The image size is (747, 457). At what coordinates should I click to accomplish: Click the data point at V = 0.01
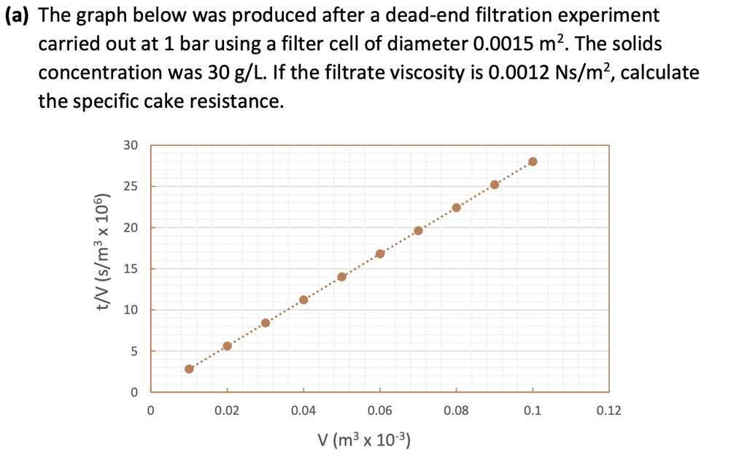pyautogui.click(x=189, y=369)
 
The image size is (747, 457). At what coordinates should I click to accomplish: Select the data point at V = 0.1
pyautogui.click(x=533, y=162)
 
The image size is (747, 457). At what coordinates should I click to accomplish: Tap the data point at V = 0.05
pyautogui.click(x=341, y=276)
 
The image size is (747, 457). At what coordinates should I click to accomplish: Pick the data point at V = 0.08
pyautogui.click(x=457, y=208)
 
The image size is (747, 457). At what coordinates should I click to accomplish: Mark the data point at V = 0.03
pyautogui.click(x=266, y=323)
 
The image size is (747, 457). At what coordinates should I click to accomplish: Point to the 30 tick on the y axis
pyautogui.click(x=131, y=146)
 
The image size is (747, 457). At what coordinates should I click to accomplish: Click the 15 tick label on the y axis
pyautogui.click(x=131, y=270)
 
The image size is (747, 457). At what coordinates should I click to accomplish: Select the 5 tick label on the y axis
pyautogui.click(x=133, y=352)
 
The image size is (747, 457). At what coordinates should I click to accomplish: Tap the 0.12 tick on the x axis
pyautogui.click(x=608, y=412)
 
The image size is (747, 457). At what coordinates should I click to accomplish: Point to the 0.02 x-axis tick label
pyautogui.click(x=227, y=412)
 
